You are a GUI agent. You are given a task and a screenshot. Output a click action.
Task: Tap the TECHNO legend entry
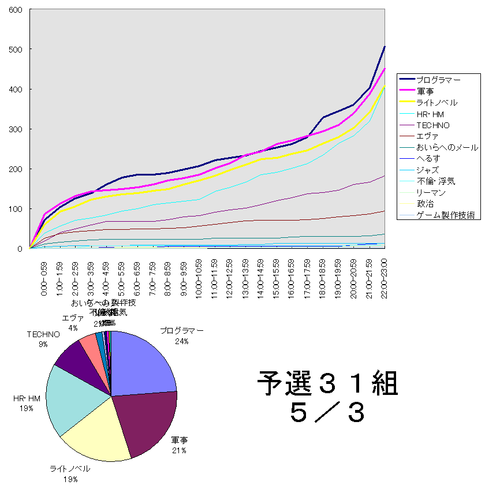coord(434,125)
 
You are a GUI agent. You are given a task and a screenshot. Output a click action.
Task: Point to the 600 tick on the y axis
coord(15,10)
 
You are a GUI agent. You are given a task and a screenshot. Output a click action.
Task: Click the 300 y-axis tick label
coord(15,129)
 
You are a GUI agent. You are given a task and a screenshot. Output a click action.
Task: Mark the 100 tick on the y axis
coord(15,209)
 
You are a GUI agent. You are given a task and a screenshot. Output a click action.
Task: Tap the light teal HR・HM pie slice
coord(72,398)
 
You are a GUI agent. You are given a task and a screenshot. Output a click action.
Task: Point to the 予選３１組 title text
coord(327,382)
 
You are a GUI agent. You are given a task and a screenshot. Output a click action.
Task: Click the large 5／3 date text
coord(327,412)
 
